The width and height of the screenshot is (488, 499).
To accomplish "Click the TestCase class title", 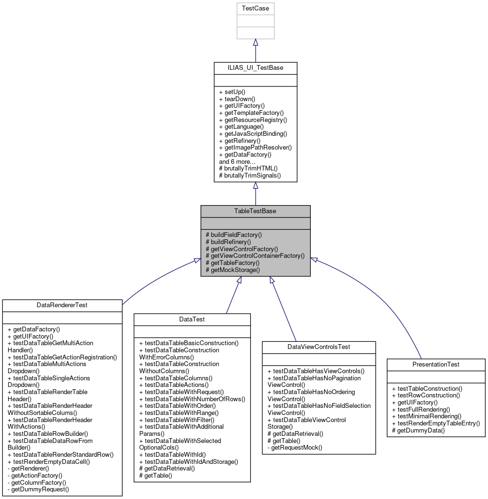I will point(256,9).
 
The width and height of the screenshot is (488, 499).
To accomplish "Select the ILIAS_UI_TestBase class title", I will point(256,68).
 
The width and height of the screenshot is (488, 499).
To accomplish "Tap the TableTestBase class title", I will point(256,211).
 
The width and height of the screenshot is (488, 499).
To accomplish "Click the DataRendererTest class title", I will point(62,305).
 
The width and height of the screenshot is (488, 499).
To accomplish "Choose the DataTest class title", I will point(192,320).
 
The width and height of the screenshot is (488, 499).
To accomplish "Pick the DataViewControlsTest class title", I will point(319,347).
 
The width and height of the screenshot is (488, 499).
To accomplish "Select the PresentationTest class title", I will point(436,365).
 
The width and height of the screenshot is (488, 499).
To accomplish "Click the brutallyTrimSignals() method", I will point(249,175).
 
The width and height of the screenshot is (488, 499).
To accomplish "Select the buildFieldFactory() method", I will point(234,235).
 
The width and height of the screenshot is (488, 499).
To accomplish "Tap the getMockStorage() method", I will point(233,270).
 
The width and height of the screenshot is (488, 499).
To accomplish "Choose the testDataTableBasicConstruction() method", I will point(189,343).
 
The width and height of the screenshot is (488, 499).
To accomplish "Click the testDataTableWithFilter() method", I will point(177,420).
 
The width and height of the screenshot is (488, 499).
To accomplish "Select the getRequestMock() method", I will point(295,447).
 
